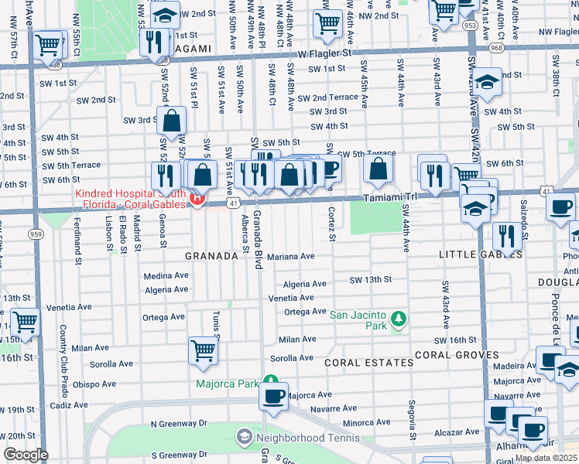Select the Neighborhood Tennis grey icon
245,437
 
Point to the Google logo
26,455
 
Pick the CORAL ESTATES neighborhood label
368,362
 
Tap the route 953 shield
470,25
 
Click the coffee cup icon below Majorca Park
273,396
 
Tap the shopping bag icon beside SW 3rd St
171,121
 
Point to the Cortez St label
331,224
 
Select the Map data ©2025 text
545,458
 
